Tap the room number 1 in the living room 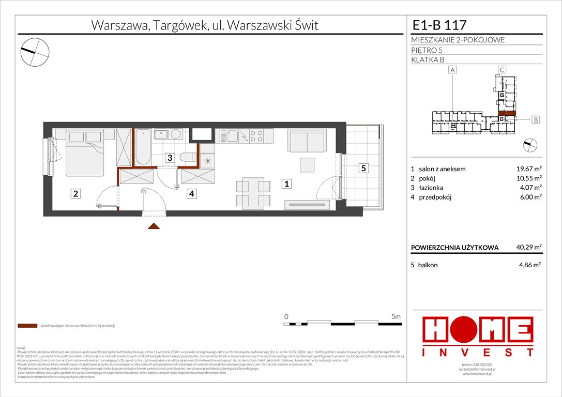(285, 183)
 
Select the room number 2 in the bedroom (75, 194)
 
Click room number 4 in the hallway (192, 194)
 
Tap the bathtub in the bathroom (143, 147)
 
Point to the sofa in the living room (307, 140)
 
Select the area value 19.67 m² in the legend (527, 169)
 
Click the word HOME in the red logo (478, 331)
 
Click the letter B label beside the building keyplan (536, 119)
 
